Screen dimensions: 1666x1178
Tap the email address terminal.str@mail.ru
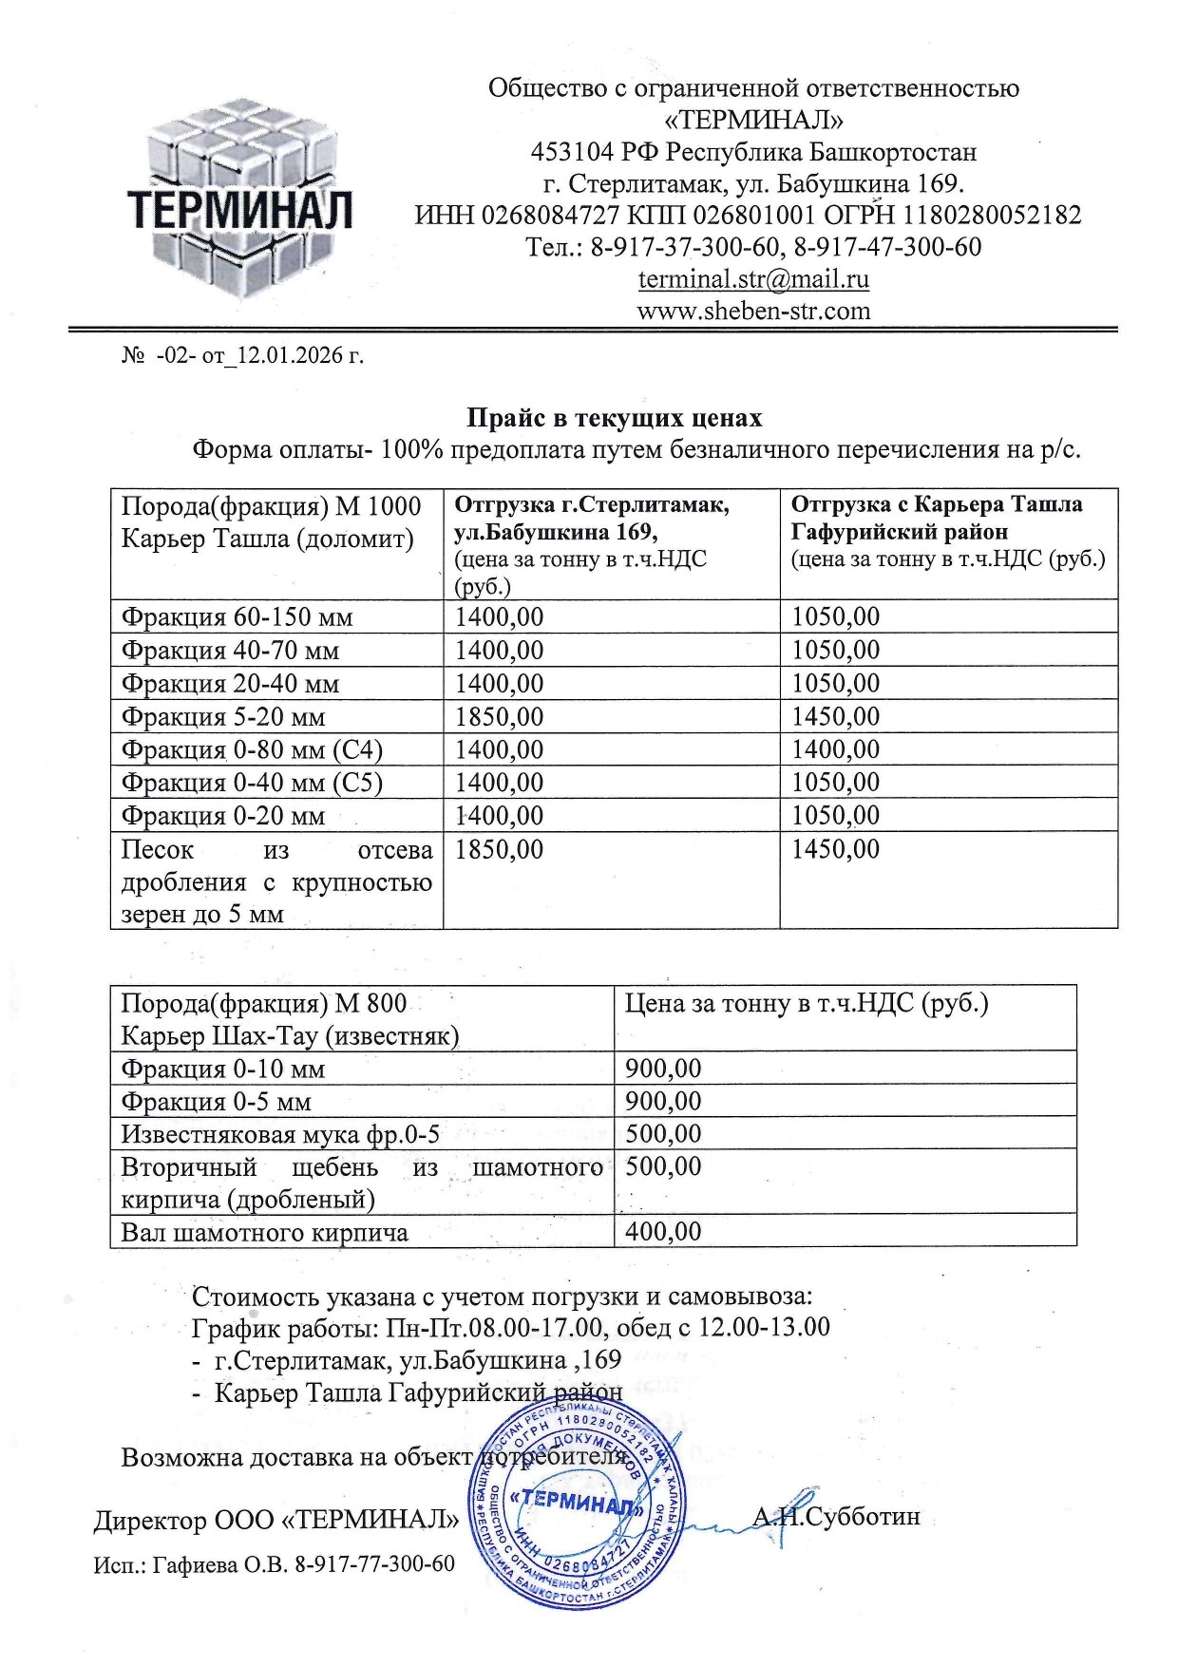(753, 279)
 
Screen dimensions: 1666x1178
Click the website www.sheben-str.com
(753, 311)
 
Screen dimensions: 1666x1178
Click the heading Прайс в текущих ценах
(614, 418)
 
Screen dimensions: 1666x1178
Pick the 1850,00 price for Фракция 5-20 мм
(500, 716)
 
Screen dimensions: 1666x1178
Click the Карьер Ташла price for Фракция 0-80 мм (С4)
(836, 749)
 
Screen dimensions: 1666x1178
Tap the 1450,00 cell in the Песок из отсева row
(836, 849)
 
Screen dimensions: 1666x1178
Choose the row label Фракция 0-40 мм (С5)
(252, 783)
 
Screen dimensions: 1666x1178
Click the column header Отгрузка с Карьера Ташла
(936, 504)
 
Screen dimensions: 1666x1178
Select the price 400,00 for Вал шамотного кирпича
(663, 1232)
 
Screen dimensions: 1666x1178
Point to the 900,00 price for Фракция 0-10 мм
(663, 1069)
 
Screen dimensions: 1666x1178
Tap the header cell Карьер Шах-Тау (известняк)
(290, 1034)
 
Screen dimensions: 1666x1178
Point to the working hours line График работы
(511, 1326)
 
